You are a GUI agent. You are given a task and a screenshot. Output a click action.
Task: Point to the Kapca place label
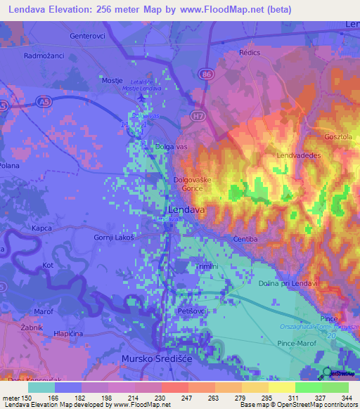tap(42, 229)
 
